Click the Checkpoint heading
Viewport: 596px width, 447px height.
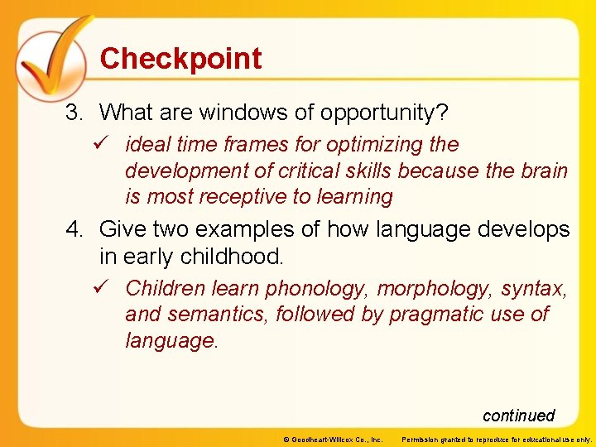pyautogui.click(x=180, y=59)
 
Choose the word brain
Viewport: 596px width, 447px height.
pyautogui.click(x=543, y=171)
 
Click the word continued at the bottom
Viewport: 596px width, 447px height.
pyautogui.click(x=518, y=416)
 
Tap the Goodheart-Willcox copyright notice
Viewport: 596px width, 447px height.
pyautogui.click(x=332, y=439)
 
